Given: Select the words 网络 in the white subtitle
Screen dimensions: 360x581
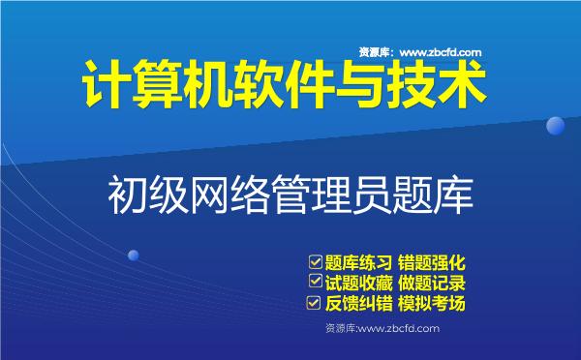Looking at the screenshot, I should point(228,193).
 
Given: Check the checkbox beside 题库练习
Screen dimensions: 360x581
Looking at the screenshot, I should point(314,261).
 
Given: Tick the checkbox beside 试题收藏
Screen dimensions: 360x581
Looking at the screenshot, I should point(314,282).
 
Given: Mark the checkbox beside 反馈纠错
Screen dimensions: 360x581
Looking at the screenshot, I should point(314,304).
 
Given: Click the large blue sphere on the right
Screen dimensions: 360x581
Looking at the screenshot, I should point(556,126).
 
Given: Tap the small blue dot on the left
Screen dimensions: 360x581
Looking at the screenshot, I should point(134,255).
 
